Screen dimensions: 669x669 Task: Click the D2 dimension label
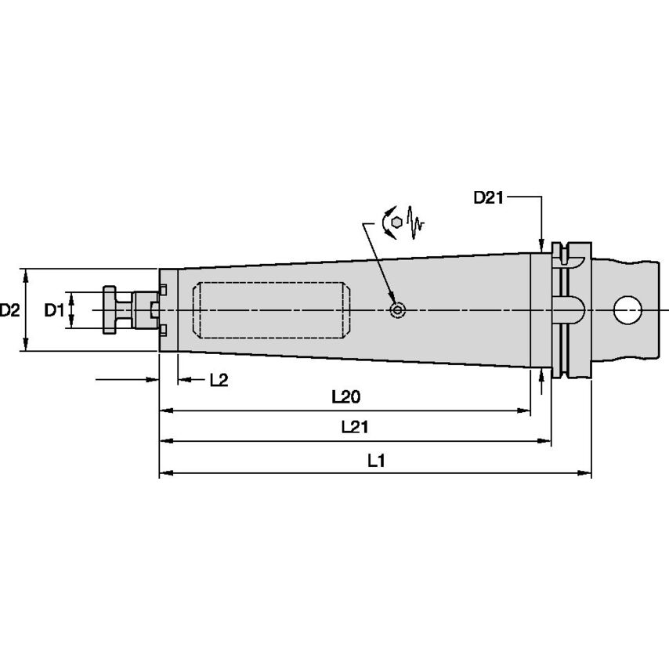point(10,310)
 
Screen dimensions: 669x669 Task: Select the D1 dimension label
point(53,310)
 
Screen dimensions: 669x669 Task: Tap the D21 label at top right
point(487,198)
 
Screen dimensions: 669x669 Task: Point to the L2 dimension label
point(219,380)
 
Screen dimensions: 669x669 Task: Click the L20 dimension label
point(345,397)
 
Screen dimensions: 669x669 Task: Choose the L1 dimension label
point(376,461)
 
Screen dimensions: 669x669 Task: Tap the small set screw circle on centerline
point(398,311)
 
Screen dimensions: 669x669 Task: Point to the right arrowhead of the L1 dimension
point(585,473)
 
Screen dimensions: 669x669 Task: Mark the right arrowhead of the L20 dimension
point(525,410)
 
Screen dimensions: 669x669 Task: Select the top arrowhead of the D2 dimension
point(27,274)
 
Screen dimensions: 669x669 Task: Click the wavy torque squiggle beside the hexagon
point(415,222)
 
